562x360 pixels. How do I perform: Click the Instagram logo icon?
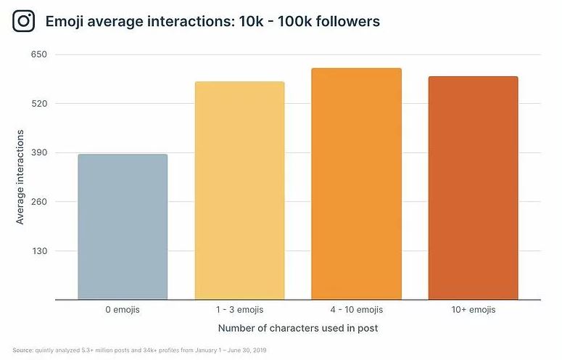(x=24, y=21)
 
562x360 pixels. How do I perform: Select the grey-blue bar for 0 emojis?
(x=123, y=226)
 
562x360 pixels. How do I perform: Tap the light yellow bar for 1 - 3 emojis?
(x=240, y=190)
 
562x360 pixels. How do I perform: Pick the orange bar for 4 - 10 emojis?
(x=356, y=184)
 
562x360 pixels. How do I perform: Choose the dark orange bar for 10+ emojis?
(x=473, y=188)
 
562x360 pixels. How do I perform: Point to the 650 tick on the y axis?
(x=39, y=54)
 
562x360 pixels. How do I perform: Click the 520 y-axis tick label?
(x=39, y=104)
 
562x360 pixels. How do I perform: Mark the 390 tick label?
(x=39, y=152)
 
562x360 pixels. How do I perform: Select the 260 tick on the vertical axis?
(x=39, y=202)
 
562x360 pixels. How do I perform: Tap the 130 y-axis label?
(x=39, y=250)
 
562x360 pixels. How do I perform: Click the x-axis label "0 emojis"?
(x=123, y=309)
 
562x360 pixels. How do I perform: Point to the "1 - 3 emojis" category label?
(x=240, y=309)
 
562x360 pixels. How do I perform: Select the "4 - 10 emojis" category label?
(x=357, y=309)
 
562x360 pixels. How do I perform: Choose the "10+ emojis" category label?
(x=474, y=309)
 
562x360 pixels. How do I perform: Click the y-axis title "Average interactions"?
(x=20, y=177)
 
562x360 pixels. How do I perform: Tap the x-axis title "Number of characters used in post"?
(x=298, y=328)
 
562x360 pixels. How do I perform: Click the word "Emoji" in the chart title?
(x=65, y=22)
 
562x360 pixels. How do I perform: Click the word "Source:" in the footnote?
(x=23, y=350)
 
